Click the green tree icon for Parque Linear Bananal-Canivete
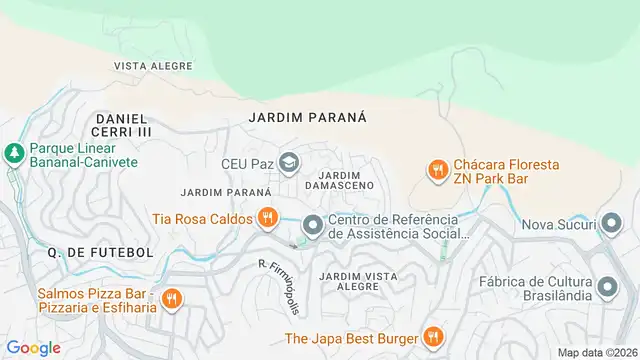[x=14, y=153]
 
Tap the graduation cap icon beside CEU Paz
[x=288, y=161]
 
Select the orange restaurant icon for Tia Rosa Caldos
[x=267, y=217]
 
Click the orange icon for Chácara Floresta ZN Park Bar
[x=436, y=171]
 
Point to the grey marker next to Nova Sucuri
[x=608, y=225]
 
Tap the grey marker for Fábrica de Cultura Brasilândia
[x=608, y=289]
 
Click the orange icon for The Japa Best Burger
[x=433, y=337]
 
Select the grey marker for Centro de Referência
[x=313, y=226]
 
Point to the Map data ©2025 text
[x=598, y=352]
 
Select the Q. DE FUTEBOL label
[x=100, y=253]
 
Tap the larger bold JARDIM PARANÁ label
[x=307, y=117]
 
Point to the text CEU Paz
[x=246, y=162]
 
